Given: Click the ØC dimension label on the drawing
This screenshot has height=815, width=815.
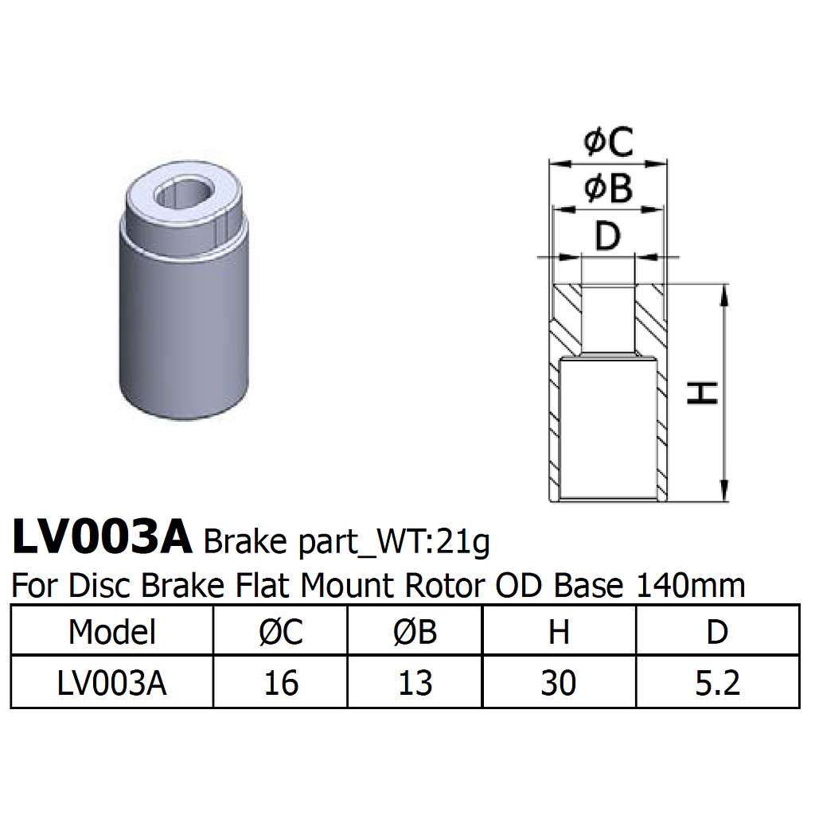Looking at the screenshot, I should [608, 143].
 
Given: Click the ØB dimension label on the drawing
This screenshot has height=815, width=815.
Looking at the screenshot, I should [608, 189].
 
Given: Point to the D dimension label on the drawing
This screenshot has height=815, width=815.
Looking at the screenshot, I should [607, 236].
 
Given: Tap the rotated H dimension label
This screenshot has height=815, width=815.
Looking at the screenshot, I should [704, 392].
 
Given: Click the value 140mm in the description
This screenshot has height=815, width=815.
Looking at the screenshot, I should [691, 586].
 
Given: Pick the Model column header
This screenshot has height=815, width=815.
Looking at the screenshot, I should [112, 632].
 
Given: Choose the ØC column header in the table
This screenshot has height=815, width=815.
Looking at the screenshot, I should [281, 632].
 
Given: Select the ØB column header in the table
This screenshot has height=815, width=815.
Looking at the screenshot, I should [415, 632].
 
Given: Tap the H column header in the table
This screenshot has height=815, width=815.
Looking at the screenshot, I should [559, 632].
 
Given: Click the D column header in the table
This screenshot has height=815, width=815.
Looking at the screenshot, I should [717, 632].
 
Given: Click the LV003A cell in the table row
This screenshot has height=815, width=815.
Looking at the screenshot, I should [112, 683].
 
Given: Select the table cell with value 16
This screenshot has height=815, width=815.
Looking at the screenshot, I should [281, 683].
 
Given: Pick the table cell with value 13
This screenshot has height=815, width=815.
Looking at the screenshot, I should [415, 683].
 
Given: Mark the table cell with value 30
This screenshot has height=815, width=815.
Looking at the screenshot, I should [559, 683].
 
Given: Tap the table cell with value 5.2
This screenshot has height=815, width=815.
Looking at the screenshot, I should [717, 683].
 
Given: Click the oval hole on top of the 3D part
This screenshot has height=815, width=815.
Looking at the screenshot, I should [186, 192].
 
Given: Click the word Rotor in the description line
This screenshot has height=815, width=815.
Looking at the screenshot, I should [444, 586].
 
